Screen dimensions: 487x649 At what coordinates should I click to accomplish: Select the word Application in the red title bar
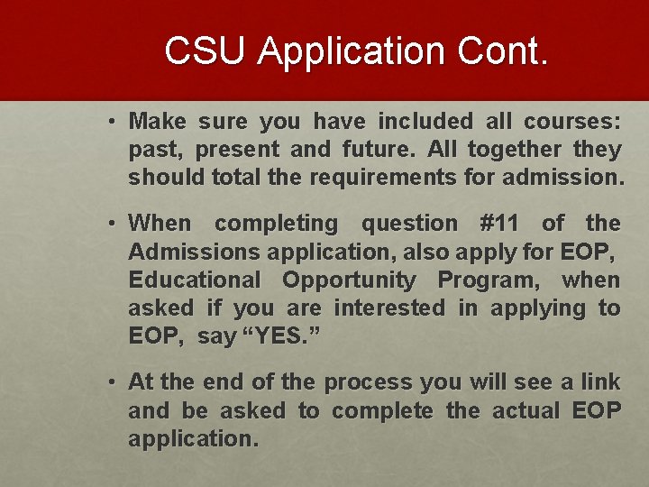pyautogui.click(x=349, y=52)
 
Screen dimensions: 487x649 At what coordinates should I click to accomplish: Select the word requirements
pyautogui.click(x=382, y=177)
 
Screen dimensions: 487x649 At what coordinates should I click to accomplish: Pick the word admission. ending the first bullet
pyautogui.click(x=556, y=177)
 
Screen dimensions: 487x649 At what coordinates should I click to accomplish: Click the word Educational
pyautogui.click(x=194, y=280)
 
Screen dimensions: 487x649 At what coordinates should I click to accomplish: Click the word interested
pyautogui.click(x=388, y=308)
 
